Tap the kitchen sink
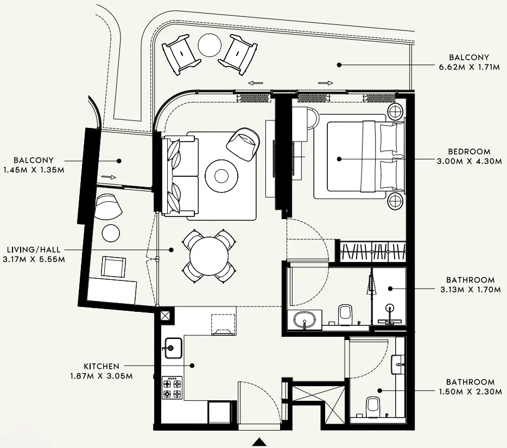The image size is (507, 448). tap(173, 348)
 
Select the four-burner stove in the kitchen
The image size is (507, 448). tap(173, 388)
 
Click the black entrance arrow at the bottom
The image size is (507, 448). tap(260, 442)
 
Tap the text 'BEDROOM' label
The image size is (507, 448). tap(469, 152)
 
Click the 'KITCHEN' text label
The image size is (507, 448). tap(102, 367)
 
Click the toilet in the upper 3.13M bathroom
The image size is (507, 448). tap(345, 313)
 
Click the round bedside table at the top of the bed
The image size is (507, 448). tap(395, 111)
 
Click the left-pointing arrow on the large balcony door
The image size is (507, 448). tap(253, 83)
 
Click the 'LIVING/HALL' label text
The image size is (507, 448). tap(34, 249)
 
